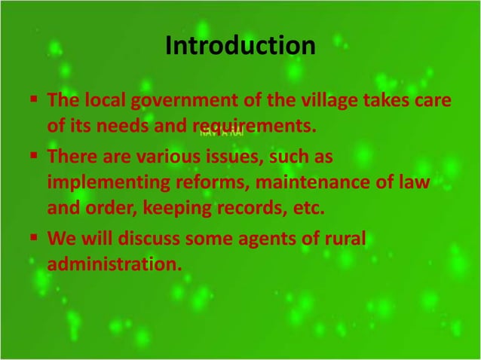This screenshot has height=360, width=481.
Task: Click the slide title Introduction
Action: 240,47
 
